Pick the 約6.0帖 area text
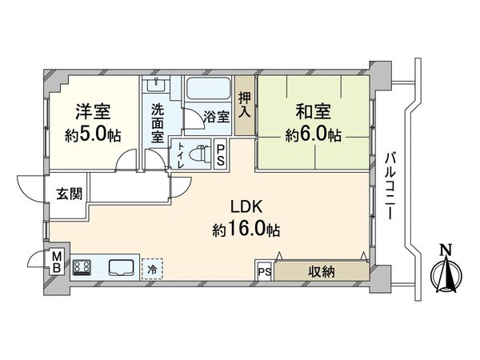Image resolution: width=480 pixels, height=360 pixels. tap(313, 134)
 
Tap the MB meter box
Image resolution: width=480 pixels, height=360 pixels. tap(57, 262)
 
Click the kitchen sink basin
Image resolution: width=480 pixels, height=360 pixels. tap(121, 267)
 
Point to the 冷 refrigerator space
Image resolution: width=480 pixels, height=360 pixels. tap(150, 269)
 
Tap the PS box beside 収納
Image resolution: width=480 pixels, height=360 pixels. tap(264, 272)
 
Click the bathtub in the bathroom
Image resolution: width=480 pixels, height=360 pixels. tap(210, 90)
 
